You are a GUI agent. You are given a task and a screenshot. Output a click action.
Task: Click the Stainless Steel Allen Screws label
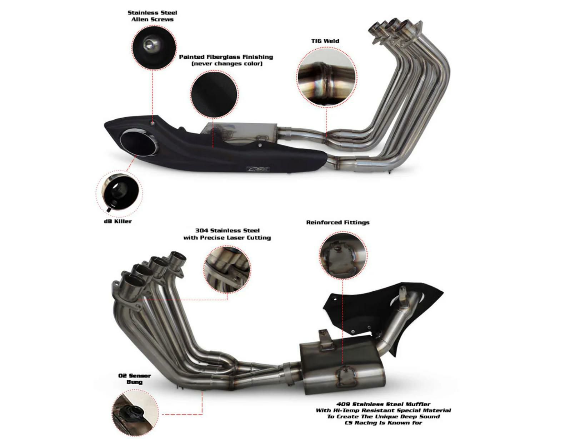click(152, 16)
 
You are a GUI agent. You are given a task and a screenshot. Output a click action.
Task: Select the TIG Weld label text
click(325, 41)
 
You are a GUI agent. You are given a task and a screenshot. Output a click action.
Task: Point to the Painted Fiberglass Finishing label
click(226, 60)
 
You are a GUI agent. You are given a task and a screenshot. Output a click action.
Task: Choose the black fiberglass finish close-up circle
click(214, 94)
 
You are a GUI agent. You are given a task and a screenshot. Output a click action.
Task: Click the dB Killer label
click(118, 222)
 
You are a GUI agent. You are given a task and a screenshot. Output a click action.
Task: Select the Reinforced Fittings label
click(338, 222)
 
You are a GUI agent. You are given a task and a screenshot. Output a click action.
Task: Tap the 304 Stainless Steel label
click(227, 234)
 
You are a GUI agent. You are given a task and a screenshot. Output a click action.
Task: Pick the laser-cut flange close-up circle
click(227, 269)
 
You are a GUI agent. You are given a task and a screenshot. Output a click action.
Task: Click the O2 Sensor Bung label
click(134, 379)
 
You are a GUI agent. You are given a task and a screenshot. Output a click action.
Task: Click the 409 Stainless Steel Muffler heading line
click(383, 404)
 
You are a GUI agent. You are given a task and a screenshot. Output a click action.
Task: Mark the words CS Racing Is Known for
click(383, 423)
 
